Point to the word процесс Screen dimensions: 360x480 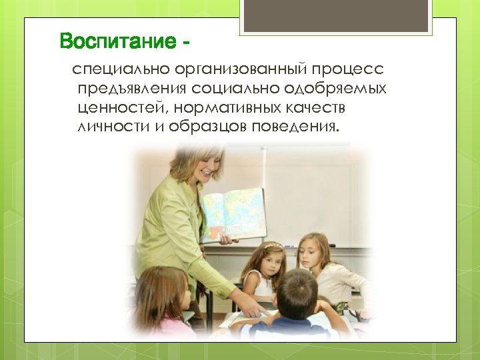(x=357, y=69)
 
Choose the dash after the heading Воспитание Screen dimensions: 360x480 (x=185, y=42)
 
